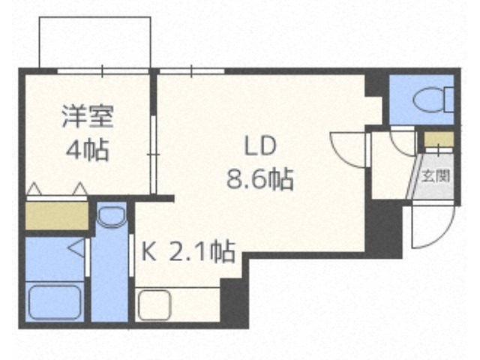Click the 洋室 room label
[88, 116]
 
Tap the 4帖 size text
[88, 150]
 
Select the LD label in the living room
[260, 146]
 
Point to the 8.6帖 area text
[260, 179]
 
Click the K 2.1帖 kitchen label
[188, 252]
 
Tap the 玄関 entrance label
[436, 176]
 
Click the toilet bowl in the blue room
[433, 100]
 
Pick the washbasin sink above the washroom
[111, 217]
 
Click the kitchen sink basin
[154, 305]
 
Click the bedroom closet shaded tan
[57, 215]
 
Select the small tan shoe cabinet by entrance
[439, 139]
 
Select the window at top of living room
[192, 71]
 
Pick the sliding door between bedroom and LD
[154, 154]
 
